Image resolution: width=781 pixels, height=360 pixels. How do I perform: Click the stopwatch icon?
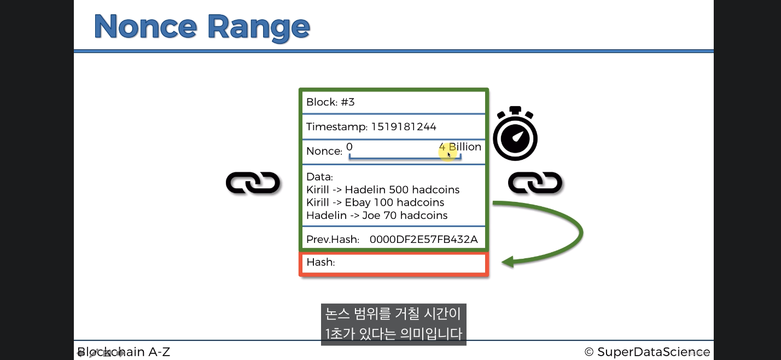point(515,135)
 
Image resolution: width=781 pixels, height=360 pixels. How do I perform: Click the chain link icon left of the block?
point(253,183)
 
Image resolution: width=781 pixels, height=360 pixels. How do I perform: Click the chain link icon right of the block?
point(535,183)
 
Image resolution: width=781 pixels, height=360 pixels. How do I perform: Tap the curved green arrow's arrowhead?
point(509,262)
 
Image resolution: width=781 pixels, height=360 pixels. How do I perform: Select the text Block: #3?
point(330,102)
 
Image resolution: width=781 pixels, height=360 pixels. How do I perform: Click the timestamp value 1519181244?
point(404,127)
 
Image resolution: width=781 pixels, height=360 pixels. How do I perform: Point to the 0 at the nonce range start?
point(349,147)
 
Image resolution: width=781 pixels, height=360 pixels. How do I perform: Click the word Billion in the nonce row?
point(465,147)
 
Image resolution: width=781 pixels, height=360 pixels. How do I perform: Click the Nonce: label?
point(324,151)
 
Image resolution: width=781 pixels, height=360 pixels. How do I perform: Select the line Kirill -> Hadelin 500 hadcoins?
point(383,190)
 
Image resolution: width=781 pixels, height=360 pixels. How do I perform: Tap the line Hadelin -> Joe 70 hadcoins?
point(377,216)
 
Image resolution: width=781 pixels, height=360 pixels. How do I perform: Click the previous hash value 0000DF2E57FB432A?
point(423,240)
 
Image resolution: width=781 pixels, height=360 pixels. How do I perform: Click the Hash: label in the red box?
point(320,262)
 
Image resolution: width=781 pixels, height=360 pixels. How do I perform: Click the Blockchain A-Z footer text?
point(124,352)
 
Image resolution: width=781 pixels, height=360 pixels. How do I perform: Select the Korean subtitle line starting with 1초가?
point(393,333)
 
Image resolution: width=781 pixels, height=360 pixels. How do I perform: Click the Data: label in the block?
point(319,177)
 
